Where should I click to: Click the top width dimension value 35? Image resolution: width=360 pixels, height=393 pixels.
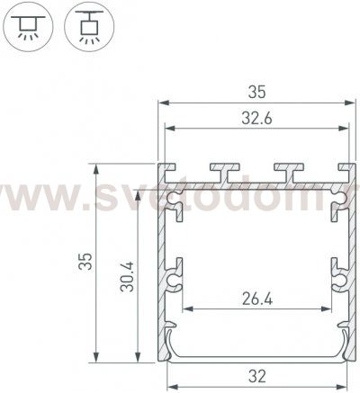pos(256,90)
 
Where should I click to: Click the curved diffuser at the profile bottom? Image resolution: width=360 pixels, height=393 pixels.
pos(256,355)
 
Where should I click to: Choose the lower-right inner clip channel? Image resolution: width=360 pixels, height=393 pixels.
pos(340,280)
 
